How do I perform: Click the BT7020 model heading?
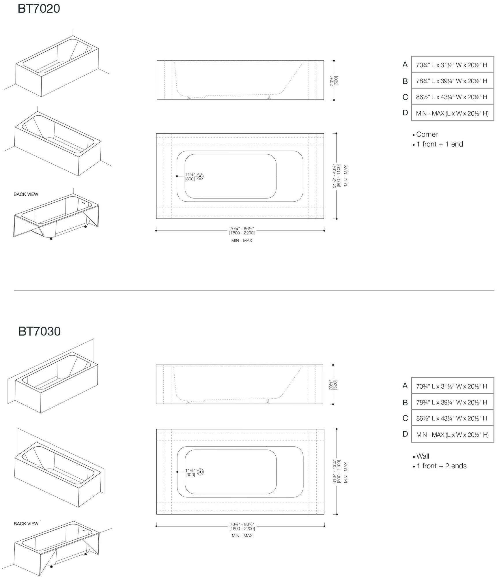(39, 8)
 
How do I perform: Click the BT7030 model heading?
(39, 331)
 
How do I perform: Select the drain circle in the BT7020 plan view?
(200, 176)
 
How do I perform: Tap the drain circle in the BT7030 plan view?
(200, 472)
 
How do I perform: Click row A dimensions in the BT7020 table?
(452, 65)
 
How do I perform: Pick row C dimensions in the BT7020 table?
(452, 97)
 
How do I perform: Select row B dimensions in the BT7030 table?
(452, 402)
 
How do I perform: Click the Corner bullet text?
(427, 134)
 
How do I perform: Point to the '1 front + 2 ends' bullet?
(441, 466)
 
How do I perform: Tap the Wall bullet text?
(423, 456)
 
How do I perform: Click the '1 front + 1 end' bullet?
(439, 144)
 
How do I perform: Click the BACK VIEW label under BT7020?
(26, 194)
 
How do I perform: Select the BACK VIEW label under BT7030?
(26, 524)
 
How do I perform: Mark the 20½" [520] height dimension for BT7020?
(334, 80)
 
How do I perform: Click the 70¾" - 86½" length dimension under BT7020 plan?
(242, 231)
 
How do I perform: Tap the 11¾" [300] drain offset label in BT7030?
(190, 472)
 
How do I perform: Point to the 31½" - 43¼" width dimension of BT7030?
(337, 471)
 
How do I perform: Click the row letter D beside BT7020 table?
(405, 113)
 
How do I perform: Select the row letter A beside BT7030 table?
(405, 386)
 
